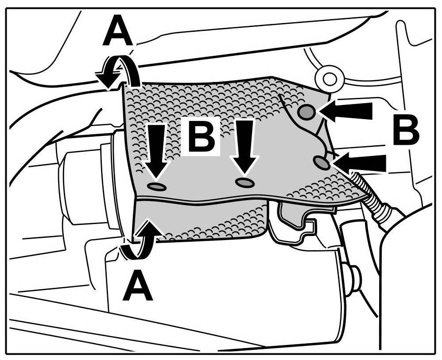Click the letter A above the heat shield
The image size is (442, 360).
pyautogui.click(x=117, y=32)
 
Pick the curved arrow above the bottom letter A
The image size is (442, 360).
pyautogui.click(x=141, y=239)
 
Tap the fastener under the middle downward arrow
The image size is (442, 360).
pyautogui.click(x=244, y=182)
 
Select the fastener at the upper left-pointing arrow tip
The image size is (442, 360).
pyautogui.click(x=306, y=112)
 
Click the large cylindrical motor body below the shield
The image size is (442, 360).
pyautogui.click(x=221, y=283)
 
